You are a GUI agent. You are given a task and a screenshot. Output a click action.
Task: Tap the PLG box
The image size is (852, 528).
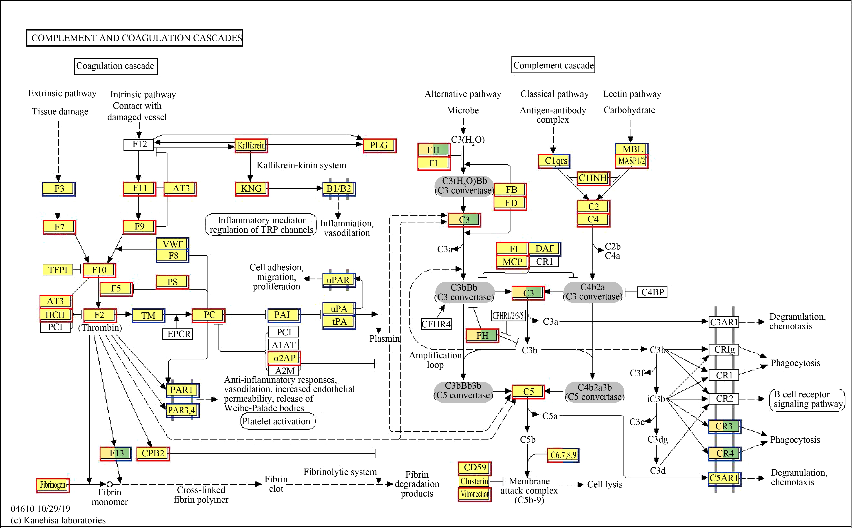(379, 146)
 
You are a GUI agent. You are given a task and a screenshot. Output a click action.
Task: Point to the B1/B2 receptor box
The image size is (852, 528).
(339, 189)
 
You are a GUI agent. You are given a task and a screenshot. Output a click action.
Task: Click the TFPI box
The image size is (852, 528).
(58, 270)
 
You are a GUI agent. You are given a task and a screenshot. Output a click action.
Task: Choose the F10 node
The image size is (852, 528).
(99, 270)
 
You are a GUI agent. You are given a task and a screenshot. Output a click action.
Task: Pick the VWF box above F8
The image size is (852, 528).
(172, 244)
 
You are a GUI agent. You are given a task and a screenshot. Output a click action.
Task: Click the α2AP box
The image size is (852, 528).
(284, 358)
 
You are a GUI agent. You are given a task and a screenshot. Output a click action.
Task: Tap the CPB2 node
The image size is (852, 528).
(153, 454)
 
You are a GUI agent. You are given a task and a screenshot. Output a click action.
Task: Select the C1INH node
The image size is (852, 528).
(593, 178)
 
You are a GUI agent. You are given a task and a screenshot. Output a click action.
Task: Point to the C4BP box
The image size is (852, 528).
(652, 292)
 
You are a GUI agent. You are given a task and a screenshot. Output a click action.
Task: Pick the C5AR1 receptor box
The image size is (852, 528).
(725, 478)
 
